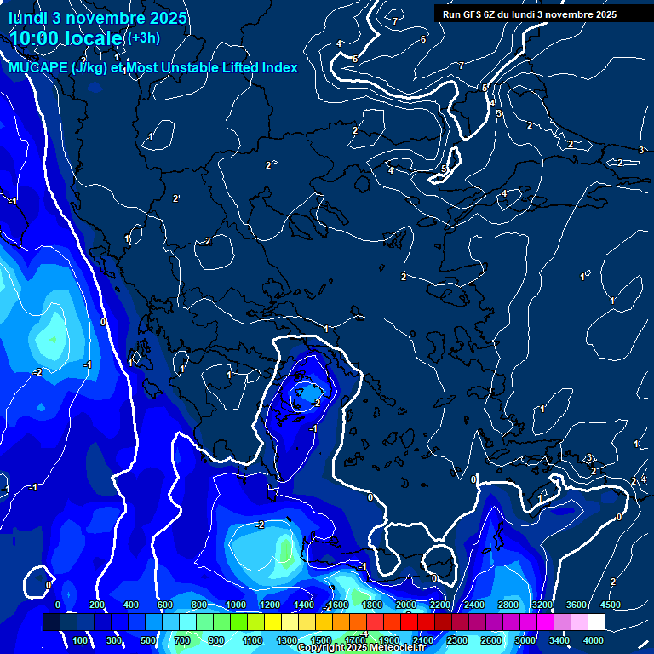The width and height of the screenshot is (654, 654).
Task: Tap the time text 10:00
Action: [x=42, y=39]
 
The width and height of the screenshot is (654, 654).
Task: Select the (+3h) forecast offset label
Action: [x=142, y=38]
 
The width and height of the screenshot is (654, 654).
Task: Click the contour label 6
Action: [x=423, y=40]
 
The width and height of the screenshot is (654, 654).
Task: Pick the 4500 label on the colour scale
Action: [x=610, y=605]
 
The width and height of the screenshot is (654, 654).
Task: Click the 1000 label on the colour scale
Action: [x=235, y=605]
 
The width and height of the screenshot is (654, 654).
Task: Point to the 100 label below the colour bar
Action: [x=81, y=640]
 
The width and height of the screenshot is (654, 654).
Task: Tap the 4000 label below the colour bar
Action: [x=594, y=640]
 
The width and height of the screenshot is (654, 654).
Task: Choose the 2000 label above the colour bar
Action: [x=405, y=605]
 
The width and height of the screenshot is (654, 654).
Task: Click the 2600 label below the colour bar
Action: [x=491, y=640]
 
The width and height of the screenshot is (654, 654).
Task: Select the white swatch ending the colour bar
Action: [x=596, y=622]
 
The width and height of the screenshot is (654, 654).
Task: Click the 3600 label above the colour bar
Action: [x=577, y=605]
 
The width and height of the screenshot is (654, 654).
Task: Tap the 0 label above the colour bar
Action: [x=58, y=605]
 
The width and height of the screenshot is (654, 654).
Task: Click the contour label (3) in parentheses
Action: [x=589, y=458]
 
